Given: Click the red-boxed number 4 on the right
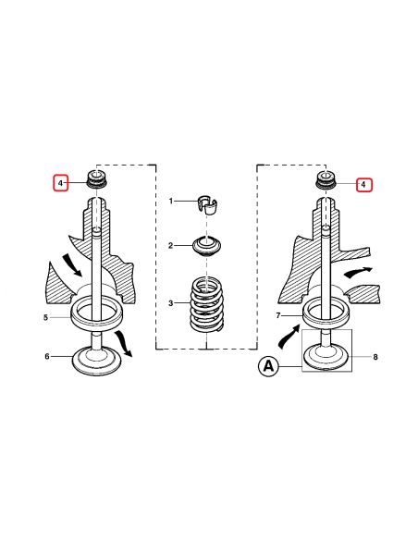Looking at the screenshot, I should tap(363, 185).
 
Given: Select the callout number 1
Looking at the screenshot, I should tap(171, 201).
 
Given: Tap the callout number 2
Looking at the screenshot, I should tap(171, 245).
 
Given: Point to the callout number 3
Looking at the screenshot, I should tap(171, 302).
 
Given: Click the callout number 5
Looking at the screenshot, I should tap(45, 317).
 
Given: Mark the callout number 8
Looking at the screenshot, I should tap(375, 356).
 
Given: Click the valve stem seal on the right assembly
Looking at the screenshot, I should tap(325, 180).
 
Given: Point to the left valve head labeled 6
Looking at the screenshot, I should tap(95, 356).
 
